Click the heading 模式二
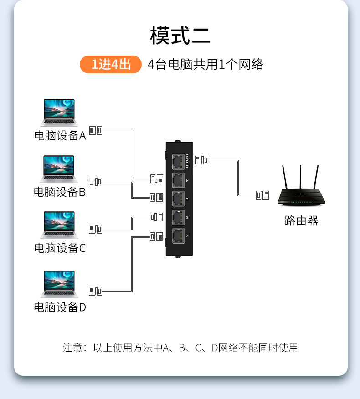(x=180, y=36)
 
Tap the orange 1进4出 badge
(x=111, y=64)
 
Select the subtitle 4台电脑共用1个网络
(x=206, y=64)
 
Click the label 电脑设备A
(x=60, y=136)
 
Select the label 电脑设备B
(x=60, y=192)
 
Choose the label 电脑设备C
(x=60, y=248)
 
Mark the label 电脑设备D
(x=60, y=307)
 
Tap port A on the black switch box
(x=179, y=180)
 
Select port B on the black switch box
(x=179, y=199)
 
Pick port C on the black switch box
(x=179, y=218)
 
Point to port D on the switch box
(x=179, y=236)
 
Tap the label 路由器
(x=301, y=221)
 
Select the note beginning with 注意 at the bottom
(x=180, y=348)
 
